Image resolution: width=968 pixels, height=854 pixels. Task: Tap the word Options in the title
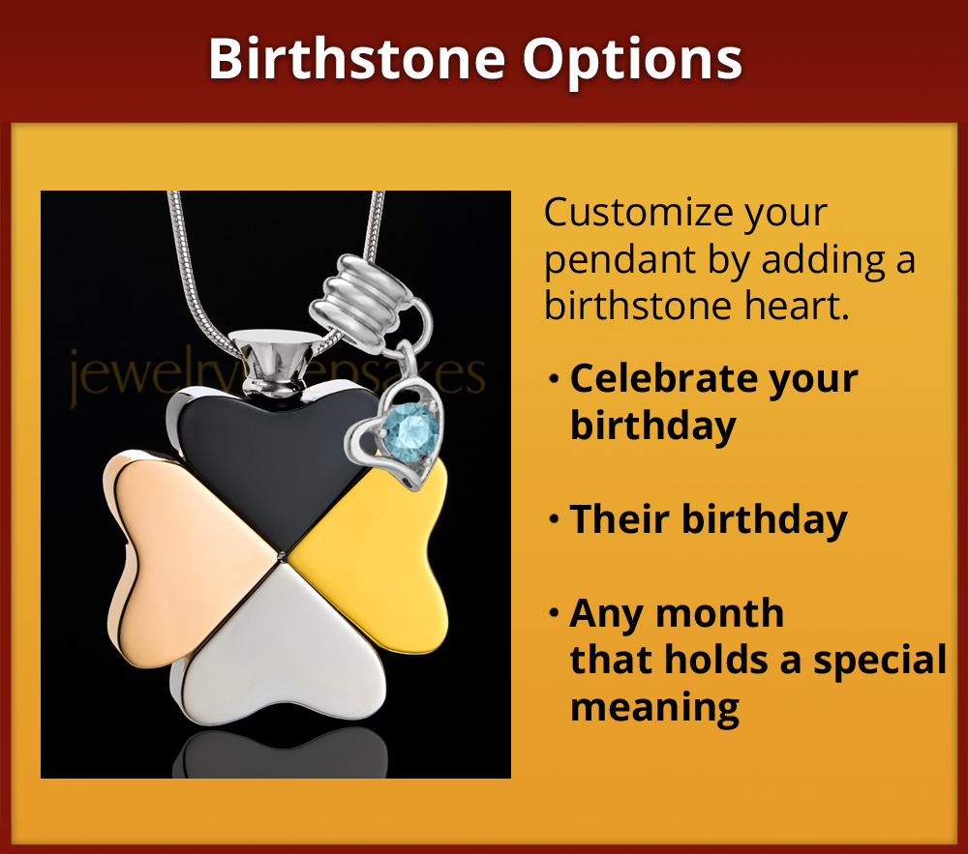coord(633,59)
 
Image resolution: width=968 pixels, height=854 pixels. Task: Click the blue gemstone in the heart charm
coord(408,427)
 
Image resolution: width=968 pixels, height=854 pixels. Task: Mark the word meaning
coord(654,708)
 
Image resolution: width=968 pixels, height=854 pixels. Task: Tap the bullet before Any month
coord(554,614)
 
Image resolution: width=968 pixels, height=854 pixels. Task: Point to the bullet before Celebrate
coord(554,379)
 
